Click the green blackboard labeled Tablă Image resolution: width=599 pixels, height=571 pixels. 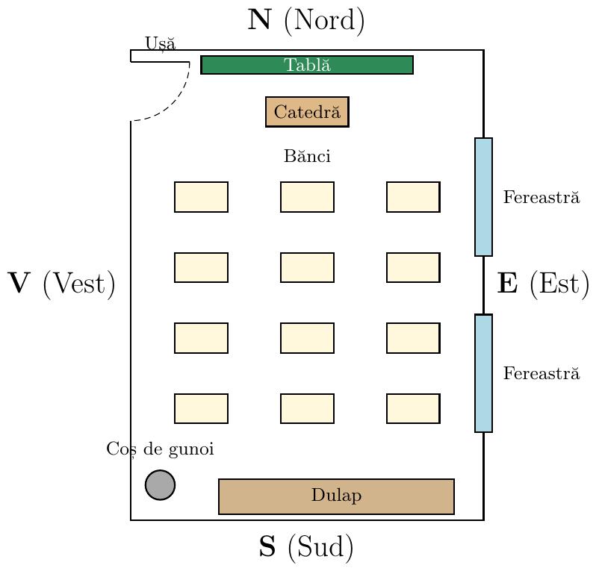click(x=307, y=65)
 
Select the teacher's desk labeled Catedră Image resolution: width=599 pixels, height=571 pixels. click(x=307, y=112)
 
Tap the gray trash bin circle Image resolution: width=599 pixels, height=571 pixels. click(x=160, y=484)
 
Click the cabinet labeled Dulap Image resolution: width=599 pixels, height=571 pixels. click(x=336, y=496)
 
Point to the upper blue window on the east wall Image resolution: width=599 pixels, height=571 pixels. click(x=483, y=197)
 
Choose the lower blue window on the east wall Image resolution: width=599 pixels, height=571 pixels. click(x=483, y=373)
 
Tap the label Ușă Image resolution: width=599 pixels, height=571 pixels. click(x=161, y=43)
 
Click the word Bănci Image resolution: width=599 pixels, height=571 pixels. click(x=307, y=156)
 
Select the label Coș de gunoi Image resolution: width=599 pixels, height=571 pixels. click(x=160, y=449)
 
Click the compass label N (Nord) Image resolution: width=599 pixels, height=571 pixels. click(x=306, y=20)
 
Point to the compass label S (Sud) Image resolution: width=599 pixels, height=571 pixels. click(x=306, y=546)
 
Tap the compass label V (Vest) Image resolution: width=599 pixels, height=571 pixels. click(x=61, y=283)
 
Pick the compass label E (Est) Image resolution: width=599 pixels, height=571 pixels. click(x=543, y=283)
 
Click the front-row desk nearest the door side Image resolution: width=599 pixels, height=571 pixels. click(x=202, y=197)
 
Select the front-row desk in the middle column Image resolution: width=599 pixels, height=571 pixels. click(x=307, y=197)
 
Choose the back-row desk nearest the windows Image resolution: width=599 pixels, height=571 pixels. click(x=413, y=408)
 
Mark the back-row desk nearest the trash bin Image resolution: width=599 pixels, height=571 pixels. click(x=202, y=408)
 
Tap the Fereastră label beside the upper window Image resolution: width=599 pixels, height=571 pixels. click(x=541, y=197)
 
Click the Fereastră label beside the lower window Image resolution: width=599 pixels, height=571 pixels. click(x=541, y=373)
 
